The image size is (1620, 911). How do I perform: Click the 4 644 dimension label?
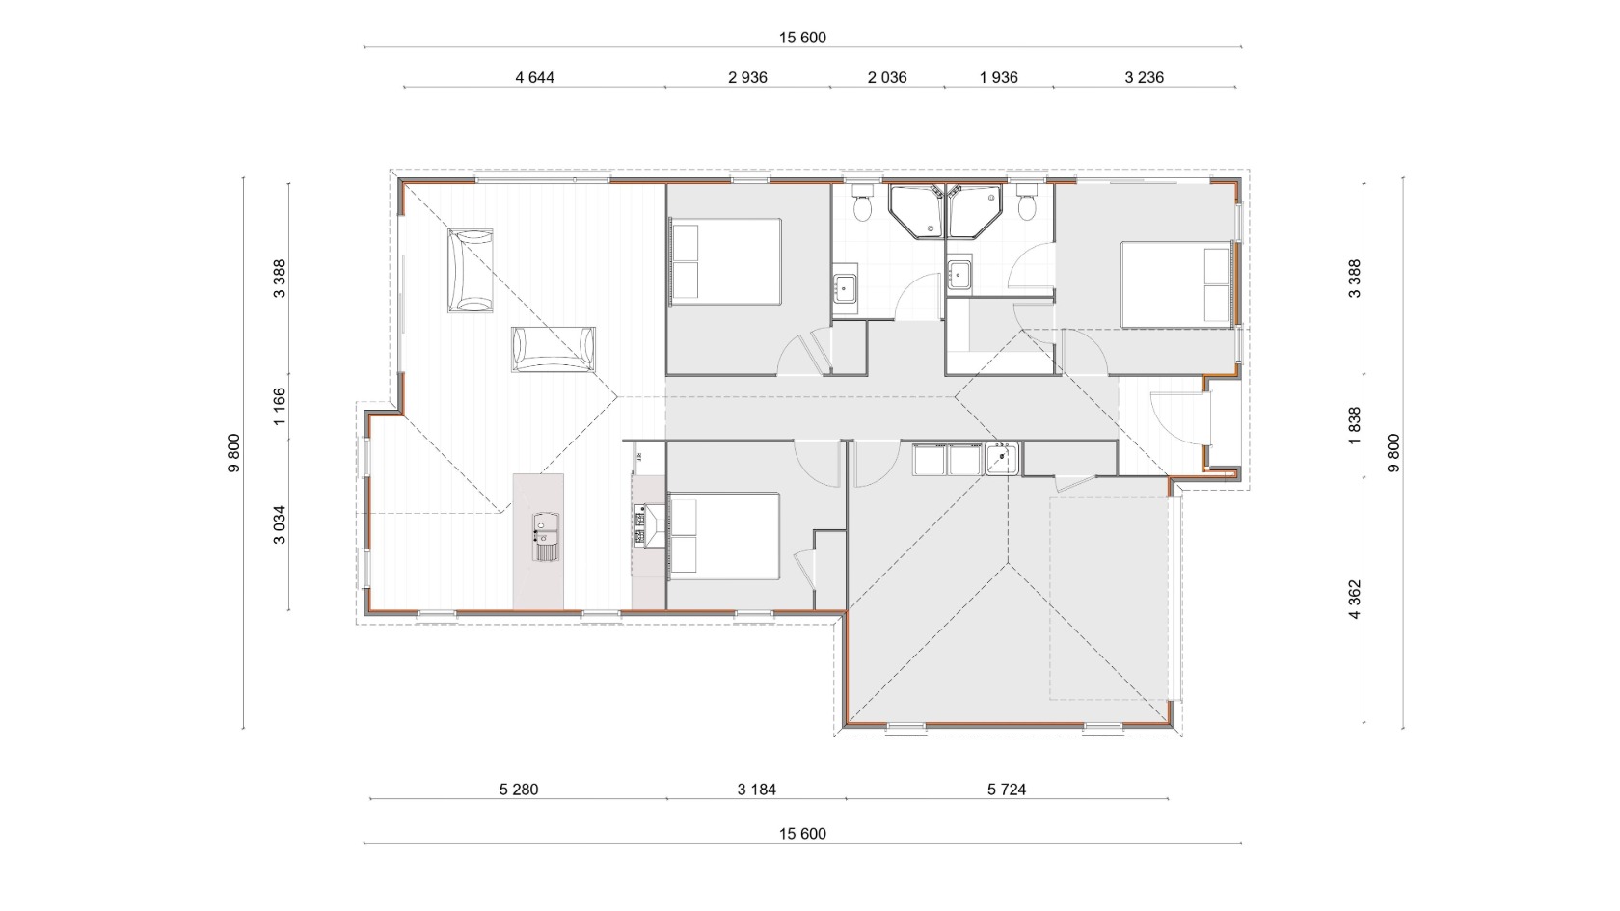(x=534, y=77)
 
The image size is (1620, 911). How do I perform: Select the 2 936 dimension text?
(x=747, y=77)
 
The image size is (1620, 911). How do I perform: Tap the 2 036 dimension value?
(x=887, y=77)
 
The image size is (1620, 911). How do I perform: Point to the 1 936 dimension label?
(x=998, y=77)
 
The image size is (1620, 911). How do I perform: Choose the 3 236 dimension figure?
(x=1144, y=77)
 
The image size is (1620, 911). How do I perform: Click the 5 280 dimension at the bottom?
(x=519, y=790)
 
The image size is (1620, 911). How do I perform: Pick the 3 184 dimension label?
(x=756, y=790)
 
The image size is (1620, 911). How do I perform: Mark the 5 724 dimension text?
(x=1006, y=790)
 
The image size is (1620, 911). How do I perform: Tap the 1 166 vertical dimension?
(x=280, y=407)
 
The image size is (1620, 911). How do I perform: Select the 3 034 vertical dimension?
(x=280, y=524)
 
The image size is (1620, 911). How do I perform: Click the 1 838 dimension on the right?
(x=1355, y=425)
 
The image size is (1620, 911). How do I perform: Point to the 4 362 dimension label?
(x=1355, y=600)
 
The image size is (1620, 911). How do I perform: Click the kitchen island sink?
(x=546, y=536)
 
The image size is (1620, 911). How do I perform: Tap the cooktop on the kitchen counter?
(x=640, y=525)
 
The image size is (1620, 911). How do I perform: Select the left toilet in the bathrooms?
(x=862, y=204)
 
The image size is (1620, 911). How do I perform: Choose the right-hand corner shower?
(x=974, y=211)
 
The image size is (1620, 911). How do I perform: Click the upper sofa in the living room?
(x=471, y=270)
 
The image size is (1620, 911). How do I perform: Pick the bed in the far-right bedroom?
(x=1176, y=284)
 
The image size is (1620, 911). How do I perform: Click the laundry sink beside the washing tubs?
(x=1002, y=459)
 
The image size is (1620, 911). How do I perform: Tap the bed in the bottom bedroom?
(x=724, y=536)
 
